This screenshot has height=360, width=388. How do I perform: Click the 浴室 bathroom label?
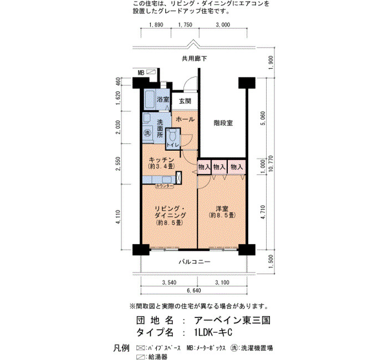[163, 99]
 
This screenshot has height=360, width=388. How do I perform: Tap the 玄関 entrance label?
[185, 101]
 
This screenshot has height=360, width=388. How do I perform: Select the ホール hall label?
[185, 119]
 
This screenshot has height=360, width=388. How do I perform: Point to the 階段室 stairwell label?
[223, 123]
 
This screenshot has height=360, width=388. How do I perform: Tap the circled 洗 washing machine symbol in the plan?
[147, 133]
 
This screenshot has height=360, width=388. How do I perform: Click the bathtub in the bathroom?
[150, 99]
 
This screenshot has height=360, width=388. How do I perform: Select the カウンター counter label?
[164, 186]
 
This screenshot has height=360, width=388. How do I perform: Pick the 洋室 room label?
[222, 209]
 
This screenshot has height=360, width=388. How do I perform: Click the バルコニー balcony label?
[195, 261]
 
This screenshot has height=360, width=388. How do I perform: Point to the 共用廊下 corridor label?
[194, 59]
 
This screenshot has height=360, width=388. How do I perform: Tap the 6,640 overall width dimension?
[194, 290]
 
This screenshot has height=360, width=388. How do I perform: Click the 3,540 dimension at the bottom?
[169, 282]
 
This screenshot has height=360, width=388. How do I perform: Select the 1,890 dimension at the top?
[156, 25]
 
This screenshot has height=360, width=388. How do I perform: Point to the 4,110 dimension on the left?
[118, 217]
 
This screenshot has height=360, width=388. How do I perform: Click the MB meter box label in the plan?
[141, 73]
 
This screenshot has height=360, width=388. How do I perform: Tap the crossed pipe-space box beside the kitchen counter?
[178, 177]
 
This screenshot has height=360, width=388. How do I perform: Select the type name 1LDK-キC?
[213, 332]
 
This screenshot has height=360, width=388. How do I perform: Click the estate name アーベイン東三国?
[232, 321]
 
